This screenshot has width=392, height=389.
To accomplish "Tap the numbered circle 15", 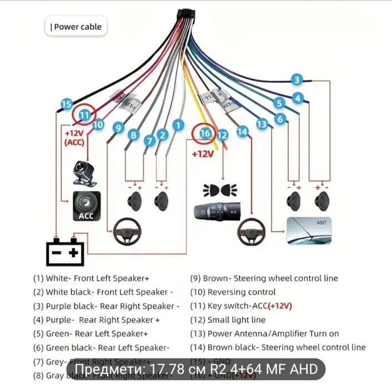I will pos(67,104).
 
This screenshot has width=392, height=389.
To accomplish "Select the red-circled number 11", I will pos(84,115).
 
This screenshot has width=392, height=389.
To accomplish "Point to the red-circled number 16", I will pos(205,134).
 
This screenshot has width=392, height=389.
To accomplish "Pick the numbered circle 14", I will pos(241,132).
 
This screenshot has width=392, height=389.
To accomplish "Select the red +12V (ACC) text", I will pos(73,138).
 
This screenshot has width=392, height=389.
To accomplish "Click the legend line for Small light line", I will pos(236,320).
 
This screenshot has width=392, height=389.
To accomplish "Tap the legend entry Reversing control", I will pos(241,292).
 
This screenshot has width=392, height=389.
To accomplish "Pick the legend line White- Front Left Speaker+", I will pos(91,278).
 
